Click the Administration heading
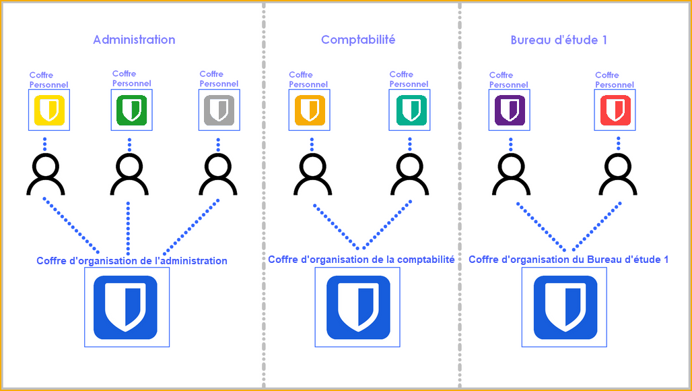[x=134, y=40]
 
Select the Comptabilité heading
[x=358, y=40]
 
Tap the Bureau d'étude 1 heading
[x=559, y=40]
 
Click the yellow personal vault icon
[x=48, y=111]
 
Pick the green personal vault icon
[x=131, y=110]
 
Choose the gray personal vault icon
[x=218, y=110]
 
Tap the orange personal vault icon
[x=310, y=111]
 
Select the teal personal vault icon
[x=409, y=110]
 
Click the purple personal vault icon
[x=510, y=111]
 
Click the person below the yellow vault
[x=45, y=174]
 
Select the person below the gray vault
[x=218, y=174]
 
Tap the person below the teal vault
[x=409, y=174]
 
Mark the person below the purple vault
[x=512, y=174]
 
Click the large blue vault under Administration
[x=126, y=307]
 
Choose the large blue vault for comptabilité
[x=357, y=307]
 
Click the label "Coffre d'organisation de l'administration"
[x=132, y=261]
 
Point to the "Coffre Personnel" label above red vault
[x=615, y=80]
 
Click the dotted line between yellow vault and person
[x=45, y=144]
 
